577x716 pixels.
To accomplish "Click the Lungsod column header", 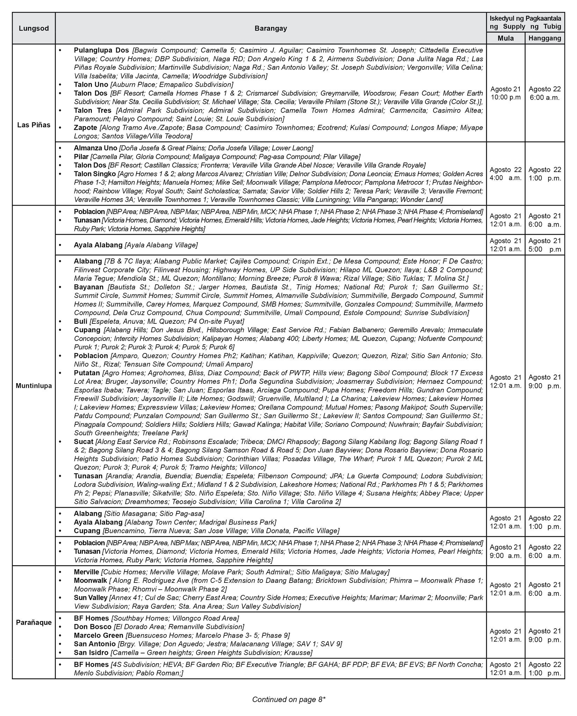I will coord(34,28).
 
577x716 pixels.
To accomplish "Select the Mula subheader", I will coord(505,38).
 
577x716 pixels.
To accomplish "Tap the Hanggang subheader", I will coord(545,38).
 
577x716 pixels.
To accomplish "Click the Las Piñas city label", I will coord(34,125).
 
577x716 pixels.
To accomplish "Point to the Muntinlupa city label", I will coord(34,386).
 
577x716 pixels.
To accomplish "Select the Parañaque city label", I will coord(34,623).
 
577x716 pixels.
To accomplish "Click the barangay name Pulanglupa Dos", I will coord(101,50).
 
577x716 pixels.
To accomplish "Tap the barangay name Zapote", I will coord(85,128).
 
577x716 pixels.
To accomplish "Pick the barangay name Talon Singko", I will coord(95,174).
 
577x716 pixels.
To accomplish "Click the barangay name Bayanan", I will coord(89,287).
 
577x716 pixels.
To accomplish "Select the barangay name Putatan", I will coord(87,373).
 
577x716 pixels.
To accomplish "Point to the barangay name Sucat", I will coord(83,441).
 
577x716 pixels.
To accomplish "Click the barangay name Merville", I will coord(86,572).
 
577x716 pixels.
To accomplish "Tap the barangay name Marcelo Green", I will coord(98,635).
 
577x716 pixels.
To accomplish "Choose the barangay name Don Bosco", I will coord(93,626).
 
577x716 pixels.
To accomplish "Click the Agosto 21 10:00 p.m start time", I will coord(505,93).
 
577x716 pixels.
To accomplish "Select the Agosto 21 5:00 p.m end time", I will coord(545,245).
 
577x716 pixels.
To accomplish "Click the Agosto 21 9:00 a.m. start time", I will coord(505,551).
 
